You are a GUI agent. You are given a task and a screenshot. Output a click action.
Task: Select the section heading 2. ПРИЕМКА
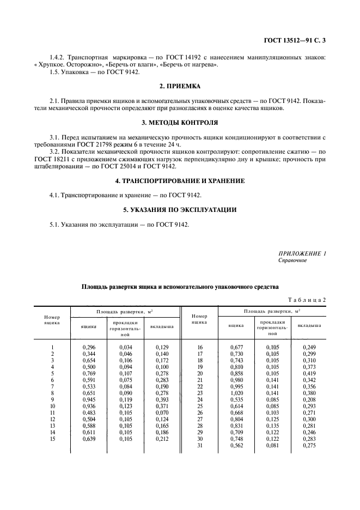coord(180,86)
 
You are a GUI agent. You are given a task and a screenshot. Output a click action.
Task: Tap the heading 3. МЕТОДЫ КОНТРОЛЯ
coord(180,123)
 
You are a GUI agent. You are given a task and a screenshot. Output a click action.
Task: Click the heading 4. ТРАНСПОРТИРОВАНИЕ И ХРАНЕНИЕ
coord(180,180)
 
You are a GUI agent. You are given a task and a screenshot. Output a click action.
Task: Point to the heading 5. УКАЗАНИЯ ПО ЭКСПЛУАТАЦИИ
coord(180,209)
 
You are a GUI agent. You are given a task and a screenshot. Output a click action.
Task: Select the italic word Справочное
coord(292,260)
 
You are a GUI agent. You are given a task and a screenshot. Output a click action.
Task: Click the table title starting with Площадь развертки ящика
coord(180,286)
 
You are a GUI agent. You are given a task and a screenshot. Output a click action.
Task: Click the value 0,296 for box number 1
coord(89,347)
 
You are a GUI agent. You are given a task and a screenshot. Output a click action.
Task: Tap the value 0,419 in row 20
coord(308,373)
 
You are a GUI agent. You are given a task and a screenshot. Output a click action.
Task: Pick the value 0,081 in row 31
coord(272,445)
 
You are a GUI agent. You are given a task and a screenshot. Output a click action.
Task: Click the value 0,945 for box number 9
coord(89,399)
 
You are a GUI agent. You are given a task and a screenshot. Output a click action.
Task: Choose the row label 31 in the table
coord(200,445)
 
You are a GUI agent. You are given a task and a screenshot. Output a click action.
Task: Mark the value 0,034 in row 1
coord(125,347)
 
